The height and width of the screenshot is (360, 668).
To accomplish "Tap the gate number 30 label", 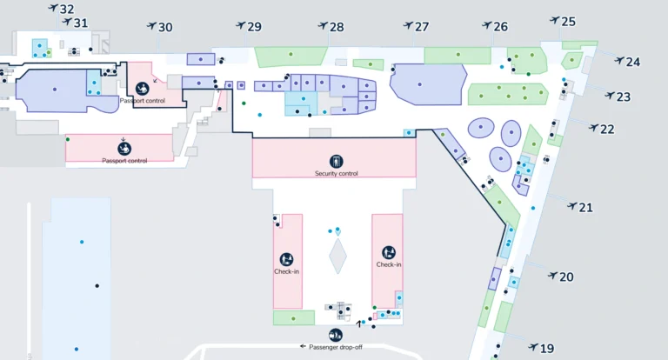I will point(165,27).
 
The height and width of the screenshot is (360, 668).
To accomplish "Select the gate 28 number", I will point(337,27).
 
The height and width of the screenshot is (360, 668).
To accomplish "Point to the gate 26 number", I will point(501,27).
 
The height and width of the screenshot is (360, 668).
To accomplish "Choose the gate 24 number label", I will point(633,62).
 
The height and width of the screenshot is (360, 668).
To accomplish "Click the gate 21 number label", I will point(586,207).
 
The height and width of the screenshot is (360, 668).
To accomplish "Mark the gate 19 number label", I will point(547,349).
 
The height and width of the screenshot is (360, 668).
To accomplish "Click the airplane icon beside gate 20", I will point(552,276).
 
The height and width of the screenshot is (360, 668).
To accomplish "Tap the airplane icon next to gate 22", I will point(593,128).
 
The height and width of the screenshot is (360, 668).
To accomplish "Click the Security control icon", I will point(336,161).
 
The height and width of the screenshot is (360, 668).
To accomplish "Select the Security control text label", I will point(336,173).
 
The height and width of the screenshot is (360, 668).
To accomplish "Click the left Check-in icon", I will point(286,258).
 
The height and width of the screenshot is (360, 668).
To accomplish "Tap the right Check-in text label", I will point(389,264).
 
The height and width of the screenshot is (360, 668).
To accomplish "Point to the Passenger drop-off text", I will point(336,346).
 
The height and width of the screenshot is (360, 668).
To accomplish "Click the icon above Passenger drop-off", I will point(336,335).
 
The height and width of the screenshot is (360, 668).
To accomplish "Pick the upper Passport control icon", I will point(143,88).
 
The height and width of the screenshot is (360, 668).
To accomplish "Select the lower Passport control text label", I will point(124,160).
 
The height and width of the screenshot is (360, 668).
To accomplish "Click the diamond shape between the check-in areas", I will point(337,257).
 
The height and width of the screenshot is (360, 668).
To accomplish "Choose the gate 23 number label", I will point(624,97).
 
